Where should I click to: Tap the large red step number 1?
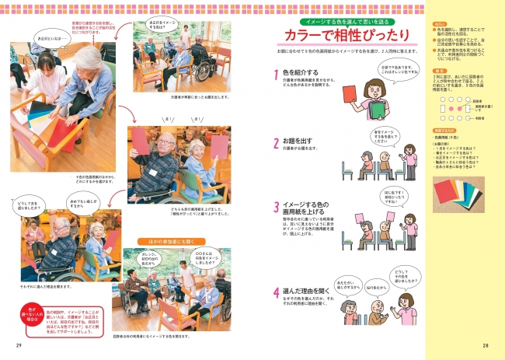tap(276, 76)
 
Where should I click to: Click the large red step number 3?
tap(276, 208)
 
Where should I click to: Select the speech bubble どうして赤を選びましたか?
tap(24, 206)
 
